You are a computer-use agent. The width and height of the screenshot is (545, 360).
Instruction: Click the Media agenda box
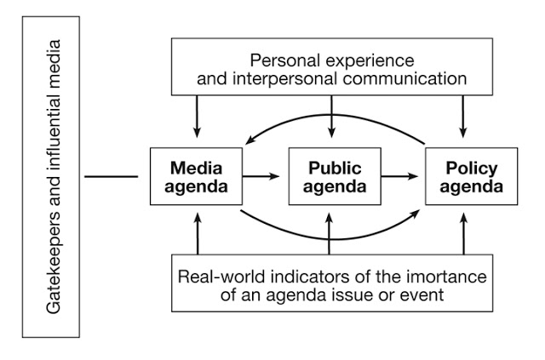[197, 176]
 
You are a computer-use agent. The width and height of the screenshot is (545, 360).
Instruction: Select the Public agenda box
[328, 176]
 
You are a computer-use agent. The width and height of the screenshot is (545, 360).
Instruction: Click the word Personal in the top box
[283, 61]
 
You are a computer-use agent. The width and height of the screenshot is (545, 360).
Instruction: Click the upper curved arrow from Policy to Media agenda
[332, 124]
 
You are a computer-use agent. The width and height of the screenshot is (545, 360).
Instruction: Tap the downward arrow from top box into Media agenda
[197, 117]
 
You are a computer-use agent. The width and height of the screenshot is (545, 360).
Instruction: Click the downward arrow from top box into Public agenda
[329, 117]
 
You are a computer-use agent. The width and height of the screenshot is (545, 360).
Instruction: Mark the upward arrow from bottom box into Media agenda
[197, 234]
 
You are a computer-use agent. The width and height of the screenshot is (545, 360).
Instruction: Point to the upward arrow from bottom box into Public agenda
[329, 234]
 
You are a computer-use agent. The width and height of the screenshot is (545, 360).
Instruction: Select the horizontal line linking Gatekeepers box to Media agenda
[112, 177]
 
